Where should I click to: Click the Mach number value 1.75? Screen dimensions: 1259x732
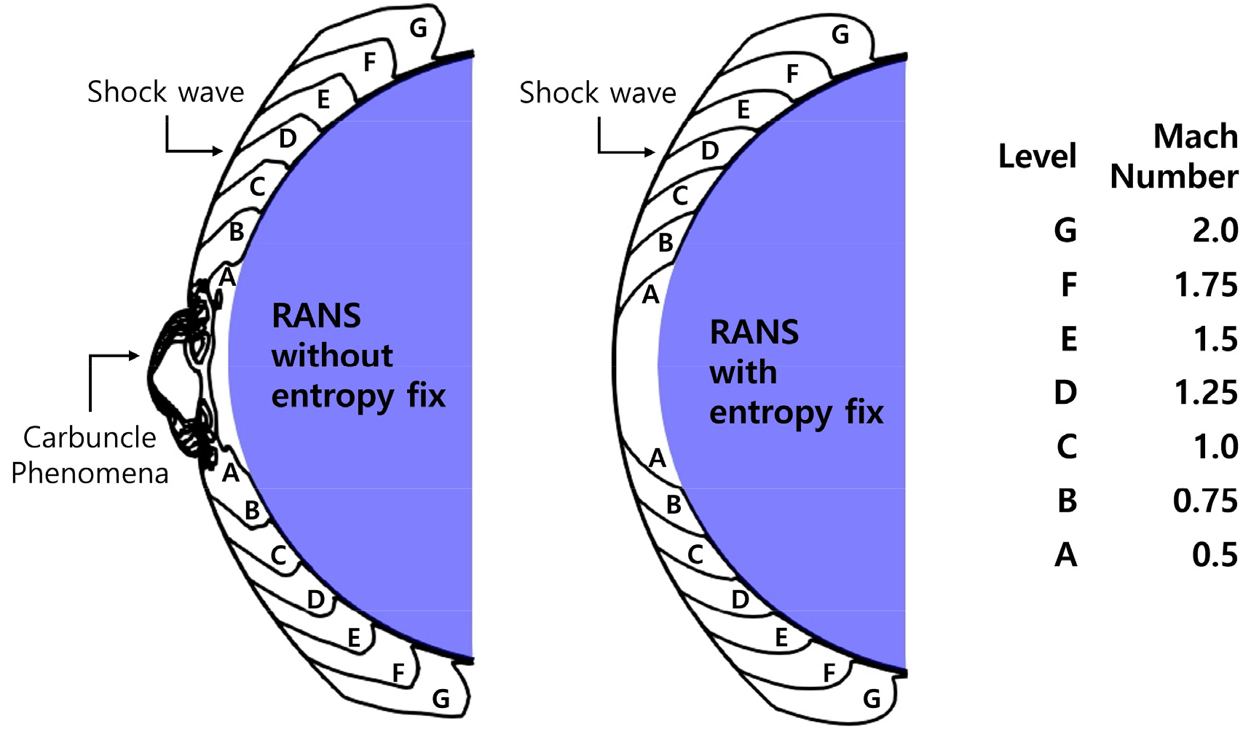pyautogui.click(x=1206, y=285)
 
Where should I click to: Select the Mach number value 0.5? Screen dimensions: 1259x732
pyautogui.click(x=1215, y=555)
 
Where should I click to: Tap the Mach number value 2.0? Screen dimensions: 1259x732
pyautogui.click(x=1215, y=231)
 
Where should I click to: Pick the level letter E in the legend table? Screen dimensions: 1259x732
pyautogui.click(x=1068, y=339)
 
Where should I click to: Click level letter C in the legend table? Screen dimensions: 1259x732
pyautogui.click(x=1067, y=447)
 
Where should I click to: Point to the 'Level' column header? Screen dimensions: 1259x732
pyautogui.click(x=1037, y=156)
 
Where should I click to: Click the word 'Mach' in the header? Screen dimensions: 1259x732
pyautogui.click(x=1196, y=137)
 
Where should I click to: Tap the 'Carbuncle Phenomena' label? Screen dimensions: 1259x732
pyautogui.click(x=90, y=455)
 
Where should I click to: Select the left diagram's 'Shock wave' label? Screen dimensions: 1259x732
pyautogui.click(x=166, y=92)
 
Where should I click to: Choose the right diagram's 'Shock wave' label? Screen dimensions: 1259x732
pyautogui.click(x=598, y=93)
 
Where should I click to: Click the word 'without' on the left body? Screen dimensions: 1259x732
pyautogui.click(x=332, y=356)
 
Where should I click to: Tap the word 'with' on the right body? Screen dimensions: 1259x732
pyautogui.click(x=743, y=373)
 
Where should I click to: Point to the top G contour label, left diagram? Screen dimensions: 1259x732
pyautogui.click(x=418, y=28)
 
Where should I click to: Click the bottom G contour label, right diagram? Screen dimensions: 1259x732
pyautogui.click(x=872, y=699)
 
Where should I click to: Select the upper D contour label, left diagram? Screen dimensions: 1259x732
pyautogui.click(x=288, y=138)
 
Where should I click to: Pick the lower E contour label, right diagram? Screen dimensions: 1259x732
pyautogui.click(x=781, y=638)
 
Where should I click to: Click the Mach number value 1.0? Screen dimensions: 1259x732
pyautogui.click(x=1215, y=447)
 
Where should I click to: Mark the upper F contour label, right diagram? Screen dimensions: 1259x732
pyautogui.click(x=793, y=73)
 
